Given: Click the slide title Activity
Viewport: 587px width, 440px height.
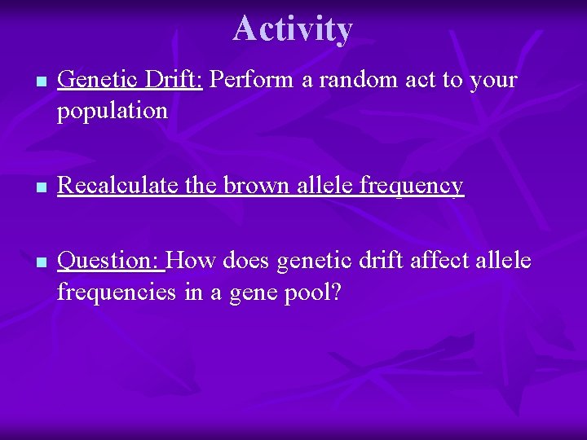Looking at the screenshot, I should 293,29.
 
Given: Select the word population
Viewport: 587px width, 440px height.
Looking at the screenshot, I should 112,111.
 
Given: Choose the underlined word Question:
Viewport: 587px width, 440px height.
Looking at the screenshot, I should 112,261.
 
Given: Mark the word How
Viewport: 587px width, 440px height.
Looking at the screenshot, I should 192,261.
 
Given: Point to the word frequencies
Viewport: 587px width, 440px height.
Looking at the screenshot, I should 114,292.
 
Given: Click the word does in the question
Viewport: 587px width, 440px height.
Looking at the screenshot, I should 246,261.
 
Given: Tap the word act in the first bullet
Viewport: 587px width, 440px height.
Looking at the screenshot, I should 399,80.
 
